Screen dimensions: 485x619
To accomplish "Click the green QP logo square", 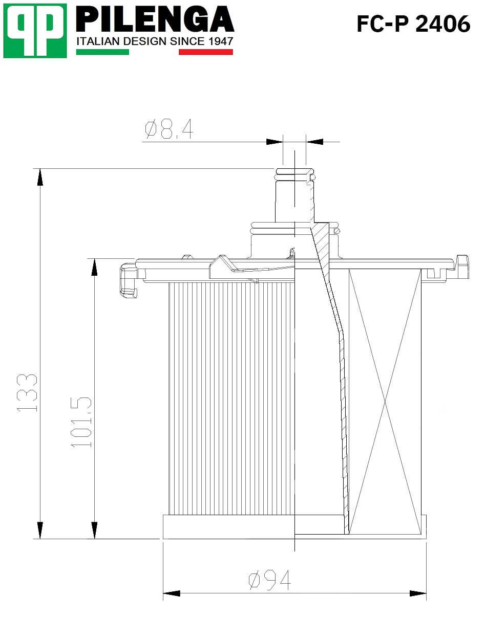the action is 35,31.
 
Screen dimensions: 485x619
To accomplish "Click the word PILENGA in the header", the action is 155,19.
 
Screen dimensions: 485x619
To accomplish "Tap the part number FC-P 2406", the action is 413,24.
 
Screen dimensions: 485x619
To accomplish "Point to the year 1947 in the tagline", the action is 221,41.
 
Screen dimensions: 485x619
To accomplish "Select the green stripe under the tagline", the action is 102,52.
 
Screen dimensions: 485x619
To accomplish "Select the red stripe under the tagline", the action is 206,52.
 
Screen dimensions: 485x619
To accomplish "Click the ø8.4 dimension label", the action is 169,129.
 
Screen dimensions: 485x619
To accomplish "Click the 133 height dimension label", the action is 27,393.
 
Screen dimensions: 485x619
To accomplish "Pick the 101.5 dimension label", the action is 81,422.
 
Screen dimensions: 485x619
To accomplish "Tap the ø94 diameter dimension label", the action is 269,580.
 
